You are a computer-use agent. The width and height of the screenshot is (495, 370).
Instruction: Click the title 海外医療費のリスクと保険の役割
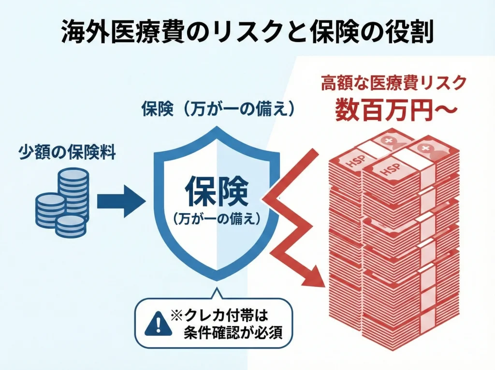(247, 33)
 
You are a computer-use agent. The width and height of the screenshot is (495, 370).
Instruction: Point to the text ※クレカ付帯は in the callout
(218, 316)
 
